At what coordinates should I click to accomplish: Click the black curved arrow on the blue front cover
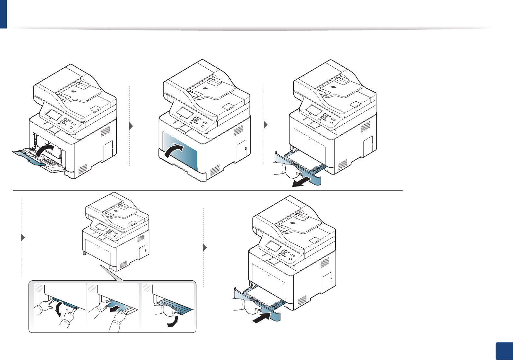click(x=174, y=151)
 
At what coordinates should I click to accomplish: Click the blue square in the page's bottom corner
click(x=504, y=351)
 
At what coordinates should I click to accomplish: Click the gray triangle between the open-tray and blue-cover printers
click(x=131, y=126)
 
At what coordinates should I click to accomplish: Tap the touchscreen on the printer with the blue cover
click(x=184, y=113)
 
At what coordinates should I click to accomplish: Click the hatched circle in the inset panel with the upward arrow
click(x=147, y=287)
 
